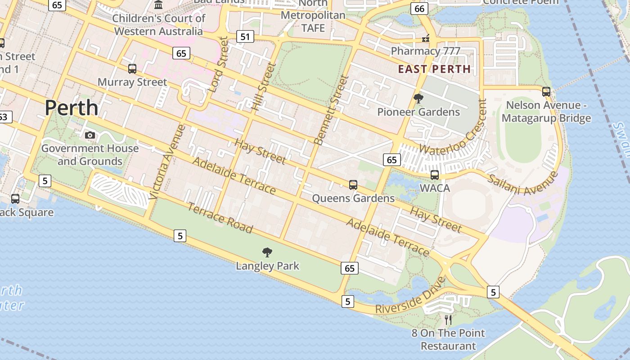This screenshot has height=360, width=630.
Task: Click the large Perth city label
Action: click(x=71, y=108)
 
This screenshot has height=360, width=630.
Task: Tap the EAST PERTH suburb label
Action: click(x=434, y=69)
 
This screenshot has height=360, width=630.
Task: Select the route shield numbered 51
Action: click(x=245, y=36)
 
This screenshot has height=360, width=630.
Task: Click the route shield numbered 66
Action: click(x=419, y=9)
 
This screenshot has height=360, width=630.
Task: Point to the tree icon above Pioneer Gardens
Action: click(x=418, y=98)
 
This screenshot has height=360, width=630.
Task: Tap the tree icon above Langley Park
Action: click(x=267, y=252)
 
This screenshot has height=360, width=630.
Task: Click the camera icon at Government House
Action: click(x=90, y=135)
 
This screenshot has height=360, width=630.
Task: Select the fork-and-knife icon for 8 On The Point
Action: click(x=448, y=319)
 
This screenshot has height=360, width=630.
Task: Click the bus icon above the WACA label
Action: click(x=435, y=175)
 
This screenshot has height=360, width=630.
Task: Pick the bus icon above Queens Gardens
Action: click(x=353, y=184)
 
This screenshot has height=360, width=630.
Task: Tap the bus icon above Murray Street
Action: click(x=132, y=69)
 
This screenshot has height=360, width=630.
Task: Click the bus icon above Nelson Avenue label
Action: click(x=546, y=92)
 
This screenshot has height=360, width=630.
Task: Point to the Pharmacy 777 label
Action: click(x=425, y=51)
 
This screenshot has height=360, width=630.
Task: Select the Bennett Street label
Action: click(x=332, y=110)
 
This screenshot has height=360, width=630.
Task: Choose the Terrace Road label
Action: click(x=220, y=218)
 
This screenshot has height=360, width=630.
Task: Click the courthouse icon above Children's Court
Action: click(x=158, y=5)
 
